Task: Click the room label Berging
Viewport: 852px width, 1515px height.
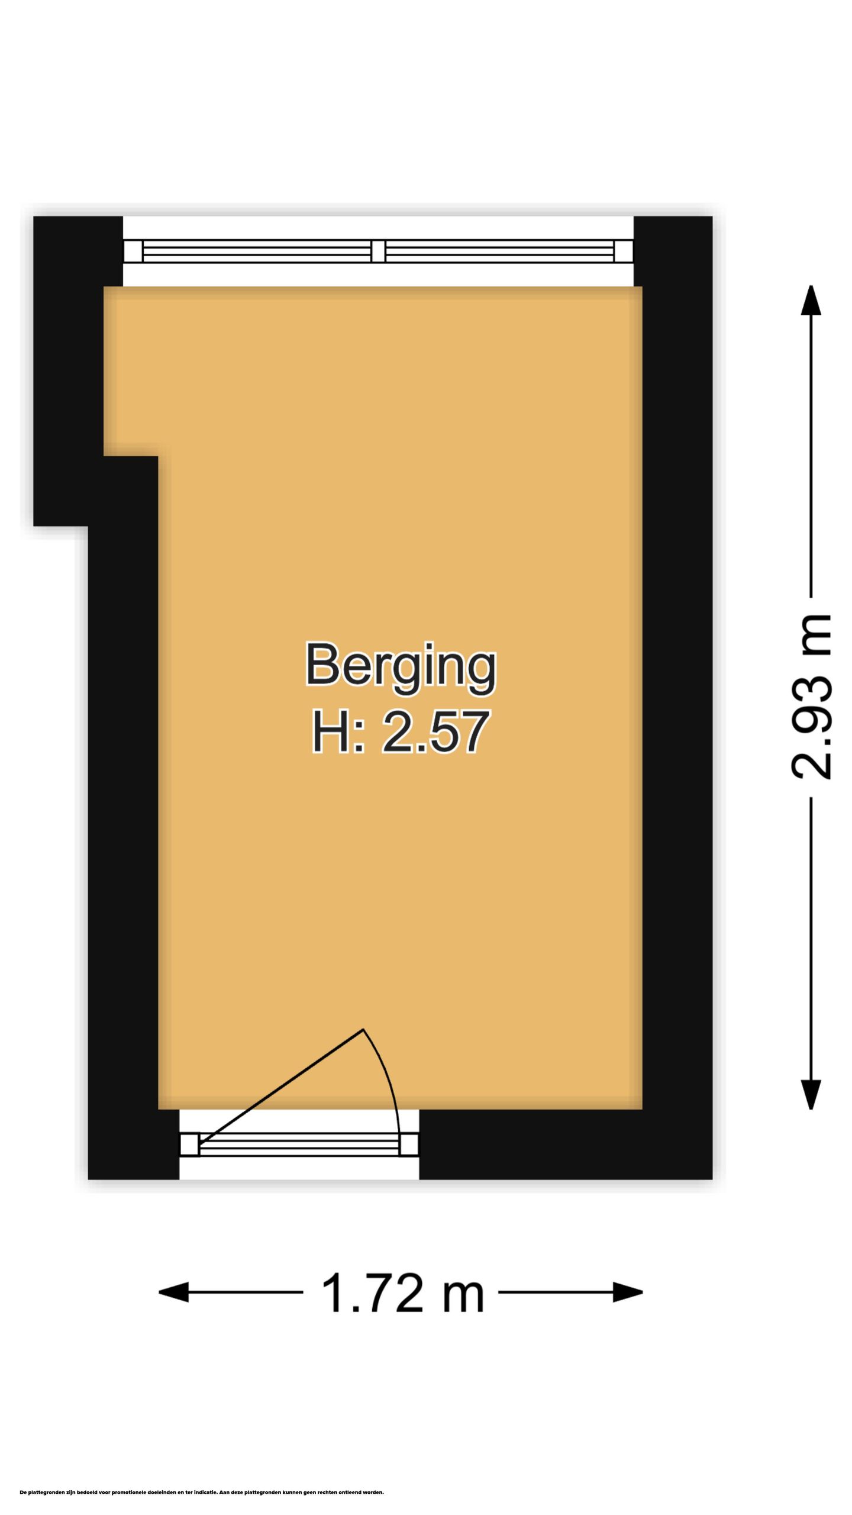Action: [x=401, y=665]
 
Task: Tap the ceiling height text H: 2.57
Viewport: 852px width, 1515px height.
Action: [x=401, y=732]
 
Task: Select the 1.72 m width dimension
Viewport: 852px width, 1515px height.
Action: [x=402, y=1292]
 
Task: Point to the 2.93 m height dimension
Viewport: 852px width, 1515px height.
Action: [x=811, y=697]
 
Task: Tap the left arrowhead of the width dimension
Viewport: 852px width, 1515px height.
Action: [x=173, y=1292]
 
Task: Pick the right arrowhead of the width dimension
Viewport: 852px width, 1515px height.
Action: [x=628, y=1292]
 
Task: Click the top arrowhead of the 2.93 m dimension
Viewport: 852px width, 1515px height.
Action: [x=811, y=301]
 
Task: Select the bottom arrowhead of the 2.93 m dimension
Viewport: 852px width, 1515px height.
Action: [x=811, y=1094]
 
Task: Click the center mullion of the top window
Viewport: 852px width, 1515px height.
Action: [x=378, y=251]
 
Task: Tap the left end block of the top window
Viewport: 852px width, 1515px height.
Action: [x=133, y=251]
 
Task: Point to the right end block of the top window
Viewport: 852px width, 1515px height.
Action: [x=623, y=251]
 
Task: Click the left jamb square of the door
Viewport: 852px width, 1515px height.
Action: [x=189, y=1145]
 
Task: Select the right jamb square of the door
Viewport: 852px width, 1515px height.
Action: [x=409, y=1145]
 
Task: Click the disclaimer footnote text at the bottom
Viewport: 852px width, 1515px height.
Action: [x=202, y=1492]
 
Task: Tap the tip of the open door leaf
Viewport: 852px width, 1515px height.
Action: [x=363, y=1030]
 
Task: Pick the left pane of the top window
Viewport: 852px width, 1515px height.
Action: [x=257, y=251]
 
